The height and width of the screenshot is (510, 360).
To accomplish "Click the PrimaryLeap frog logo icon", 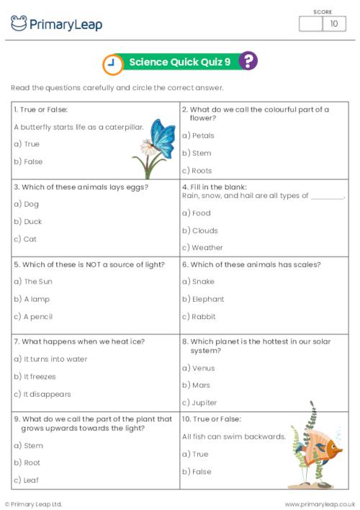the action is (x=19, y=23).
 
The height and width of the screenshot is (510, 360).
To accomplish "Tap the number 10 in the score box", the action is (x=333, y=24).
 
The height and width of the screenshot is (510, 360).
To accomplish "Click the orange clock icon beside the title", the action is (x=112, y=64).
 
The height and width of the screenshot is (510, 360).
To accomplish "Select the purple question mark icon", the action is (x=248, y=61).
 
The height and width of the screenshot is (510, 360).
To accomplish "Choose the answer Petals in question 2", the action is (x=198, y=135).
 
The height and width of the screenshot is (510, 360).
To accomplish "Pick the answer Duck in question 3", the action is (x=28, y=222).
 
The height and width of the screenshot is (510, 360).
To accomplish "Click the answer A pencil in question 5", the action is (x=33, y=316).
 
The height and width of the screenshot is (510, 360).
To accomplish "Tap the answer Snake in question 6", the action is (x=199, y=282).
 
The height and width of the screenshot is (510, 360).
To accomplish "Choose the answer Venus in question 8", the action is (x=199, y=368).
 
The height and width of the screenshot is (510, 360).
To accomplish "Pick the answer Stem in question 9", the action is (x=28, y=446).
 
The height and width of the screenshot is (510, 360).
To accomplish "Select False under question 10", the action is (x=197, y=471).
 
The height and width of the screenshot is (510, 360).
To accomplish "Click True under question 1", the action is (x=27, y=144).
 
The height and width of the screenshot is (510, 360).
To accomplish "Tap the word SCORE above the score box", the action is (x=323, y=12).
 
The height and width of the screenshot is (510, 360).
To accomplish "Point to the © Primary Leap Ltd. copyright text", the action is (x=34, y=504).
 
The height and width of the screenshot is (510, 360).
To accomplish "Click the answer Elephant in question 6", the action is (x=203, y=299).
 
